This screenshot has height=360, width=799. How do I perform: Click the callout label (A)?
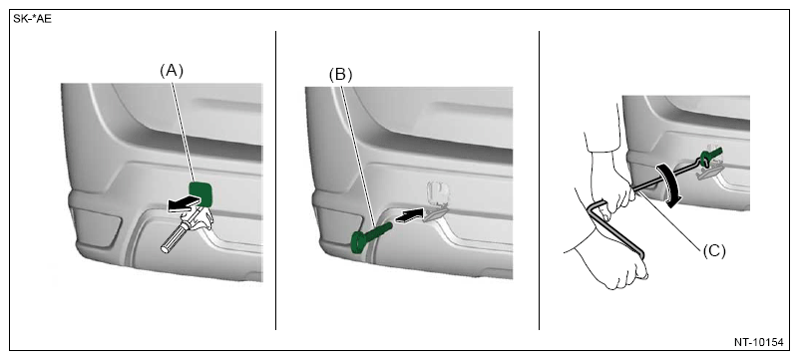click(x=172, y=71)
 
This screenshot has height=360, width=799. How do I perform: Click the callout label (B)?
click(x=340, y=75)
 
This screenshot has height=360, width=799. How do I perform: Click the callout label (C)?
click(x=714, y=251)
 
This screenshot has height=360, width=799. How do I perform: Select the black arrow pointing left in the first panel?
click(x=183, y=203)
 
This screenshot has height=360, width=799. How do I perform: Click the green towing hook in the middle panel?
click(x=370, y=236)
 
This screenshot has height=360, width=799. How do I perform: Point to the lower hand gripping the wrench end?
click(x=610, y=259)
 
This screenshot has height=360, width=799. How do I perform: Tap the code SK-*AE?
click(x=32, y=20)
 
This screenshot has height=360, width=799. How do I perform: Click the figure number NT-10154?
click(x=758, y=342)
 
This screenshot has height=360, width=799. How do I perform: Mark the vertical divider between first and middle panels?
click(x=275, y=180)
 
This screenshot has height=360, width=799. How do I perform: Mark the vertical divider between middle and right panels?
click(x=539, y=180)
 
